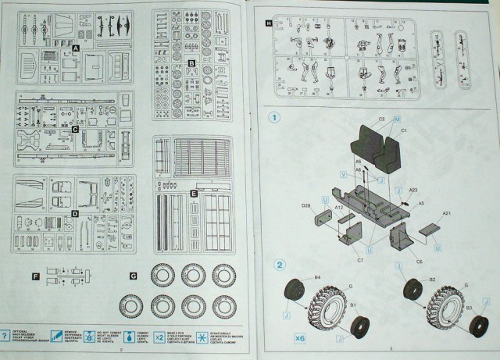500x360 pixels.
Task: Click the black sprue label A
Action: click(x=76, y=48)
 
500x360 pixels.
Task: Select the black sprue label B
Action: click(x=191, y=61)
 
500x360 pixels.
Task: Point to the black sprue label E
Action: click(x=192, y=191)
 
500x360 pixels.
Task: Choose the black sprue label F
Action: click(x=35, y=276)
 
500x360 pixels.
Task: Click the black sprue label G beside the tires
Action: click(x=134, y=276)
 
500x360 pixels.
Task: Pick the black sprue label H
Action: click(x=270, y=24)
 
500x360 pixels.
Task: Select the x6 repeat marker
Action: click(x=301, y=339)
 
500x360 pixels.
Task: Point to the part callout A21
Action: click(x=448, y=213)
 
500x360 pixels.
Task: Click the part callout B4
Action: click(x=318, y=276)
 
